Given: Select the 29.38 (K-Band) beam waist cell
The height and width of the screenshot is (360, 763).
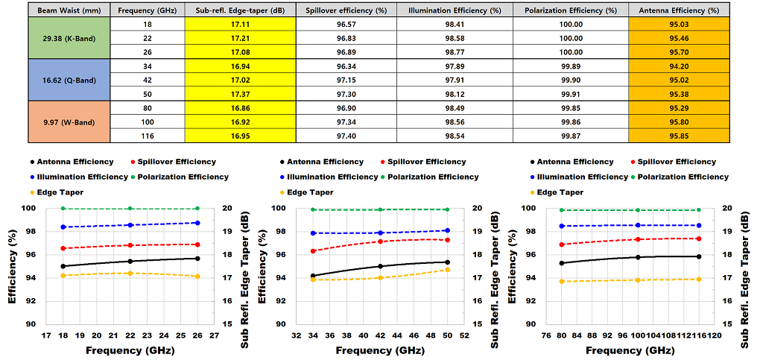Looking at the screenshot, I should click(69, 38).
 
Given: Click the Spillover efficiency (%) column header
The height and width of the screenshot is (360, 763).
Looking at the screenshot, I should click(346, 10).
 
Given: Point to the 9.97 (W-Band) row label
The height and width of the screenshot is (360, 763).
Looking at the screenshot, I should click(69, 122).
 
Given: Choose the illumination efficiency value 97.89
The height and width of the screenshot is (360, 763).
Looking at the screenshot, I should click(455, 66).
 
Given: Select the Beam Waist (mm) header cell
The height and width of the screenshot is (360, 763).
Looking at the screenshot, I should click(69, 10).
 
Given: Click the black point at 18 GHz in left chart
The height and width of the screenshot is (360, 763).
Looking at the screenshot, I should click(63, 266).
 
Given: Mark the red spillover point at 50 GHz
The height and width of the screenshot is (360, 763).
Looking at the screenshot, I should click(446, 240).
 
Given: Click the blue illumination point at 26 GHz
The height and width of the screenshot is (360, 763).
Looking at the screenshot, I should click(197, 223).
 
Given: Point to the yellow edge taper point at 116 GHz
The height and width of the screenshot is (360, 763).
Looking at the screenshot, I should click(698, 280).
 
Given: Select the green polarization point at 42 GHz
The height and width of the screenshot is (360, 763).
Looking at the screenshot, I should click(380, 209).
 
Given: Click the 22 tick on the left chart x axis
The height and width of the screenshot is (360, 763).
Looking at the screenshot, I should click(130, 336).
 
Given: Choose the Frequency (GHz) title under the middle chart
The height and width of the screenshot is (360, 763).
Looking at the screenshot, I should click(380, 350).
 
